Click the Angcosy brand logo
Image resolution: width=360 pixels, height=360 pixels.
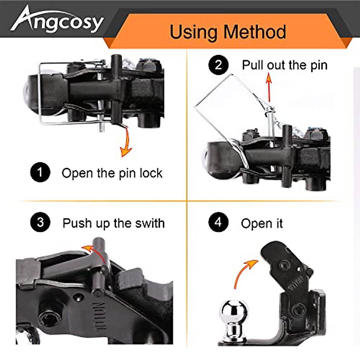click(x=57, y=20)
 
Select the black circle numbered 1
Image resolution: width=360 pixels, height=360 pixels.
click(x=40, y=172)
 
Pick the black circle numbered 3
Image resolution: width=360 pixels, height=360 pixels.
click(x=40, y=223)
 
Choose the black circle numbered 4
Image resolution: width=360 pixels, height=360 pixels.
click(x=218, y=223)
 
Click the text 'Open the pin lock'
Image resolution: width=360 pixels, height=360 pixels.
click(x=112, y=173)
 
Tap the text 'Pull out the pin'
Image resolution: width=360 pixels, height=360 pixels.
click(x=284, y=65)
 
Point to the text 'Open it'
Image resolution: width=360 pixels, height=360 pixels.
click(x=262, y=223)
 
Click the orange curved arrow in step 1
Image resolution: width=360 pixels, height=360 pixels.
click(x=126, y=142)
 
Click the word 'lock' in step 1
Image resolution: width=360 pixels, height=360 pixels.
click(x=151, y=173)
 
